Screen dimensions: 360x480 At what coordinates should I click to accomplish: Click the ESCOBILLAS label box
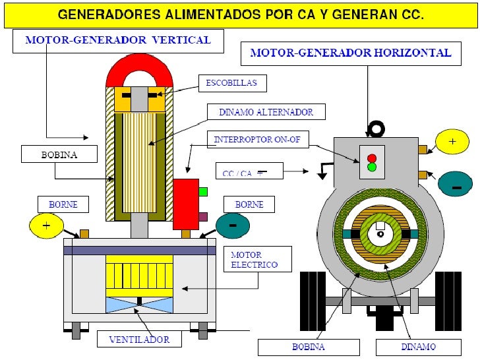point(227,83)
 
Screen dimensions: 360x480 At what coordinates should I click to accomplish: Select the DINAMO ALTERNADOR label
point(267,112)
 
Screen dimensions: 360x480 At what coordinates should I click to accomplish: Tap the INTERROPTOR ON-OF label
point(253,139)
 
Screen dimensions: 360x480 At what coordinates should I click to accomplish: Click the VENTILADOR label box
point(138,340)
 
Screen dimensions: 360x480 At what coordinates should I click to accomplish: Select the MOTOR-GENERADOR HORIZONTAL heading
point(350,53)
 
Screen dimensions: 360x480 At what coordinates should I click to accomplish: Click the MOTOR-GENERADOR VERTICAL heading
point(118,40)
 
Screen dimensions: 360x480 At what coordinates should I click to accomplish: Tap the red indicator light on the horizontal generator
point(372,158)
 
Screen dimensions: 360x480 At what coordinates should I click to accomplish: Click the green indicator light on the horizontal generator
point(372,167)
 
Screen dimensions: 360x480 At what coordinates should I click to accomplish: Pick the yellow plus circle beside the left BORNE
point(46,225)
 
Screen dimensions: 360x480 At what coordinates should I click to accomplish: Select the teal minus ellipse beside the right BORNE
point(233,225)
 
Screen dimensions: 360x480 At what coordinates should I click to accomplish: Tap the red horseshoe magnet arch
point(140,71)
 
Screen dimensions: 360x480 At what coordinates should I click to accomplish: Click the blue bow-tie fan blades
point(139,305)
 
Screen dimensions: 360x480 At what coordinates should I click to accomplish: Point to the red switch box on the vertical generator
point(185,203)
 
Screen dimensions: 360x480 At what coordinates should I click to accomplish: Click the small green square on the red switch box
point(203,192)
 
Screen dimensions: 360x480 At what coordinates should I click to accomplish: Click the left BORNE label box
point(63,204)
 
